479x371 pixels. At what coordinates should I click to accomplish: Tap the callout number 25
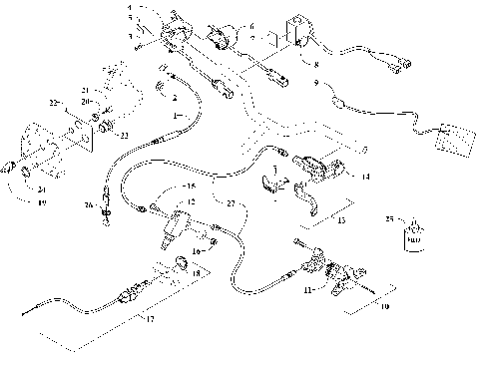pyautogui.click(x=389, y=216)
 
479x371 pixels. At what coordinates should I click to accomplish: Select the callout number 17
pyautogui.click(x=151, y=319)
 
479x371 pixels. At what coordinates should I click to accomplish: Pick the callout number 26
pyautogui.click(x=89, y=205)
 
